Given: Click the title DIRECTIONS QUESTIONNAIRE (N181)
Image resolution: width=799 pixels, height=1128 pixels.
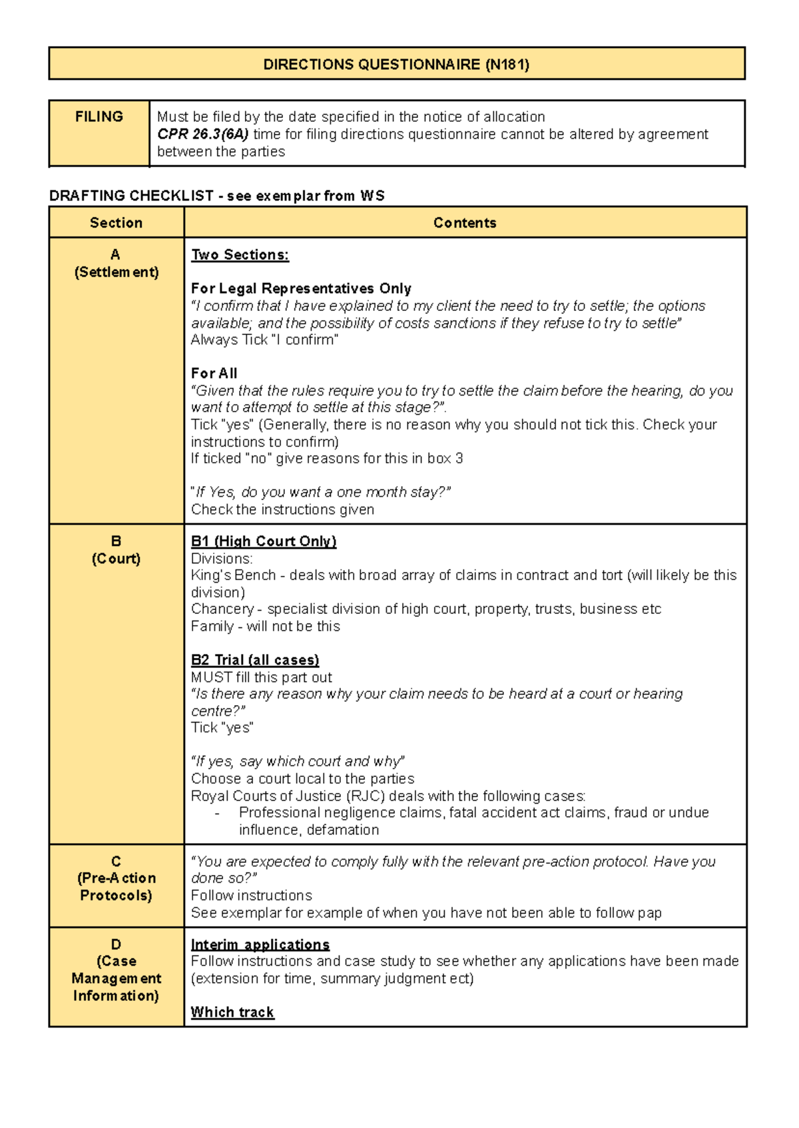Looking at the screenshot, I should tap(396, 65).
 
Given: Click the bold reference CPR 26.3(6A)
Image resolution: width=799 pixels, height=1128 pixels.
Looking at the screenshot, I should tap(202, 135).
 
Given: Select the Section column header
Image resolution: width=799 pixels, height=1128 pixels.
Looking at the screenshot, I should tap(116, 223).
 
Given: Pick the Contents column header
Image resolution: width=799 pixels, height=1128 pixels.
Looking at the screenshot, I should tap(465, 223).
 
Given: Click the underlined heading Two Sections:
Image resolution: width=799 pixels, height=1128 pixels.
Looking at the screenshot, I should tap(240, 255).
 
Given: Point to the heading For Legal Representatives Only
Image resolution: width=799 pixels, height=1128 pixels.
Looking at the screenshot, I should tap(301, 289).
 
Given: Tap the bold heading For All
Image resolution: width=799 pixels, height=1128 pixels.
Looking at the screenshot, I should tap(214, 374).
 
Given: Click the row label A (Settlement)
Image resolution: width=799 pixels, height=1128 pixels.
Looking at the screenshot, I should tap(116, 264).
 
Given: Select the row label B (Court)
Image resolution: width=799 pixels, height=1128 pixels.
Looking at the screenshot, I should tap(116, 550).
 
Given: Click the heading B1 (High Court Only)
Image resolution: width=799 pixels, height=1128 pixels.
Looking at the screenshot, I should tap(264, 541).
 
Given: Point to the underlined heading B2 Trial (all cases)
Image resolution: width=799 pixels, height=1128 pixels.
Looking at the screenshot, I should tap(255, 660).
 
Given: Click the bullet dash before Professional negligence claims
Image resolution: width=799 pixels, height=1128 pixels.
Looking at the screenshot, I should tap(217, 814).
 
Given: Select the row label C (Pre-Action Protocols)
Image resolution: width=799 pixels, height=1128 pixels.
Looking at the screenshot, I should tap(116, 878).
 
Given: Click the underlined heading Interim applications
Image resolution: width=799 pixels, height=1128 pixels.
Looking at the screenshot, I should tap(260, 945).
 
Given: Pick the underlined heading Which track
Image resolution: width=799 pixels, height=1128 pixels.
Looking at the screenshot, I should tap(232, 1012).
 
